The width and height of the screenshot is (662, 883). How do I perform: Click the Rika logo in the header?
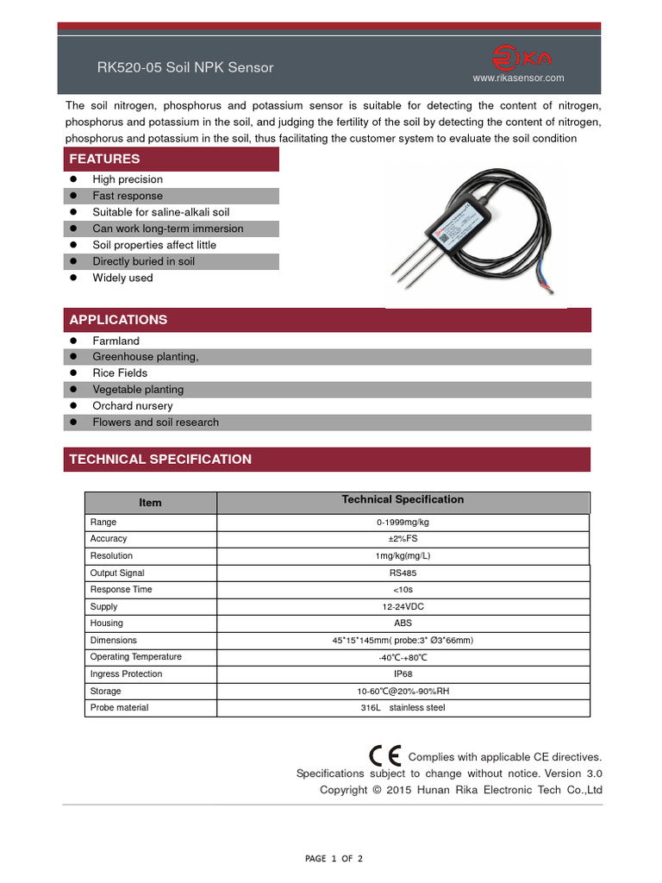[x=521, y=59]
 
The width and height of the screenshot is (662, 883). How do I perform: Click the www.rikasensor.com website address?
[x=518, y=78]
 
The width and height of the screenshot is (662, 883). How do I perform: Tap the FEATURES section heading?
[x=104, y=159]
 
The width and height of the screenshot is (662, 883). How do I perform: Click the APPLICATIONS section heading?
[x=118, y=320]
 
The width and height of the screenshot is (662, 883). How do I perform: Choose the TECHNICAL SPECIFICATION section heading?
[x=160, y=460]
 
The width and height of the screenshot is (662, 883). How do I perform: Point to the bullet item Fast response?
[x=128, y=196]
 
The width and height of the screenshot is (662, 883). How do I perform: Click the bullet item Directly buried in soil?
[x=144, y=261]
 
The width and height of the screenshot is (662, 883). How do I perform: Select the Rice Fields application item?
[x=120, y=373]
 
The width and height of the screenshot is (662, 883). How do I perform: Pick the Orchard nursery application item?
[x=133, y=406]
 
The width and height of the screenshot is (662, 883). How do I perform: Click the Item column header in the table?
[x=150, y=503]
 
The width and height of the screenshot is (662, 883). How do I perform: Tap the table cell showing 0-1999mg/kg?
[x=403, y=523]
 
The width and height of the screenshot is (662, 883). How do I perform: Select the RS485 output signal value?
[x=403, y=573]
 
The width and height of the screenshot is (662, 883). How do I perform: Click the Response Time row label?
[x=122, y=590]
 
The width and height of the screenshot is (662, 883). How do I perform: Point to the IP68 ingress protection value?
[x=403, y=674]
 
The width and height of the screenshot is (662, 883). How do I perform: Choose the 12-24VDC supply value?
[x=403, y=607]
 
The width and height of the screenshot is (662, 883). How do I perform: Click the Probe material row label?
[x=120, y=708]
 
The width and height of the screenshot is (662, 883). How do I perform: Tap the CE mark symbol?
[x=384, y=755]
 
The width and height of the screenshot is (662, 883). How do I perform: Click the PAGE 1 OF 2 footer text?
[x=334, y=859]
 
